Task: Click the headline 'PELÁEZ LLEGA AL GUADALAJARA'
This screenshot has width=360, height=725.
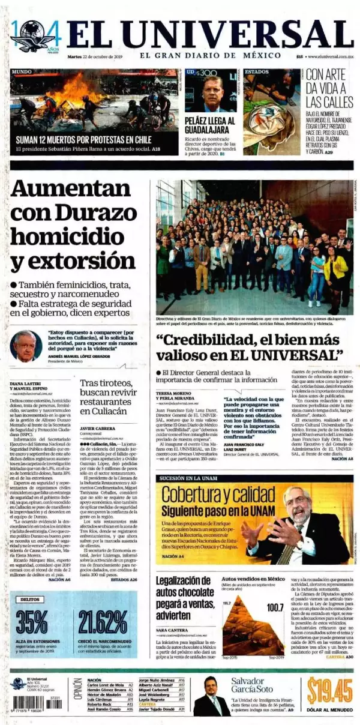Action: coord(210,127)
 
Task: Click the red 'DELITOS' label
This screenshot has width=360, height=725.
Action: coord(31,600)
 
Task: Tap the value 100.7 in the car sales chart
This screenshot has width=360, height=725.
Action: coord(275,607)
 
